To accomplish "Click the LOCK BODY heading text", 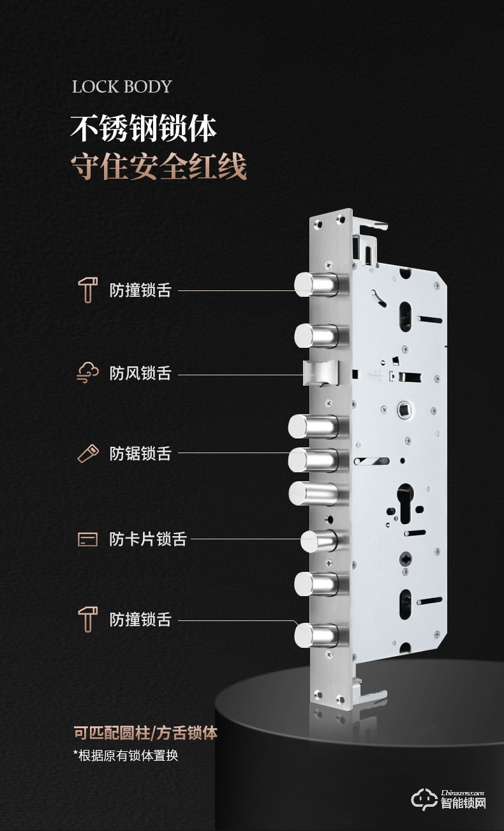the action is coord(122,87).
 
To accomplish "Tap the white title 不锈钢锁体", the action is coord(144,129).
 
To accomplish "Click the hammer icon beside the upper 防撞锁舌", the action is coord(88,290).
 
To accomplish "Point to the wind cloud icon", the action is coord(88,373).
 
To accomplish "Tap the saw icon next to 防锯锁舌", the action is coord(88,453).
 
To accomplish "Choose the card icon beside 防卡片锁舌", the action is coord(88,539).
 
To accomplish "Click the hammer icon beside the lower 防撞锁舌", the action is coord(88,620).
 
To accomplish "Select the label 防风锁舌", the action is coord(140,373).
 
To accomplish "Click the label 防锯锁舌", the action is coord(140,453).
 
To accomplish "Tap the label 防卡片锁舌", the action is coord(148,539).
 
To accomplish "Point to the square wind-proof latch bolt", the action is coord(321,373).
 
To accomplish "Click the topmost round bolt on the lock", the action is coord(316,285).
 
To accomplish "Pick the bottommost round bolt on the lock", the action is coord(316,636).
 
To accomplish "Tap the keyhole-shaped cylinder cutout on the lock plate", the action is coord(405,504).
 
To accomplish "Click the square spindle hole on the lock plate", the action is coord(403,410).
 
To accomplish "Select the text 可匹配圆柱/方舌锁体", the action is coord(145,733).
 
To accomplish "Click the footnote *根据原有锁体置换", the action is coord(126,756).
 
